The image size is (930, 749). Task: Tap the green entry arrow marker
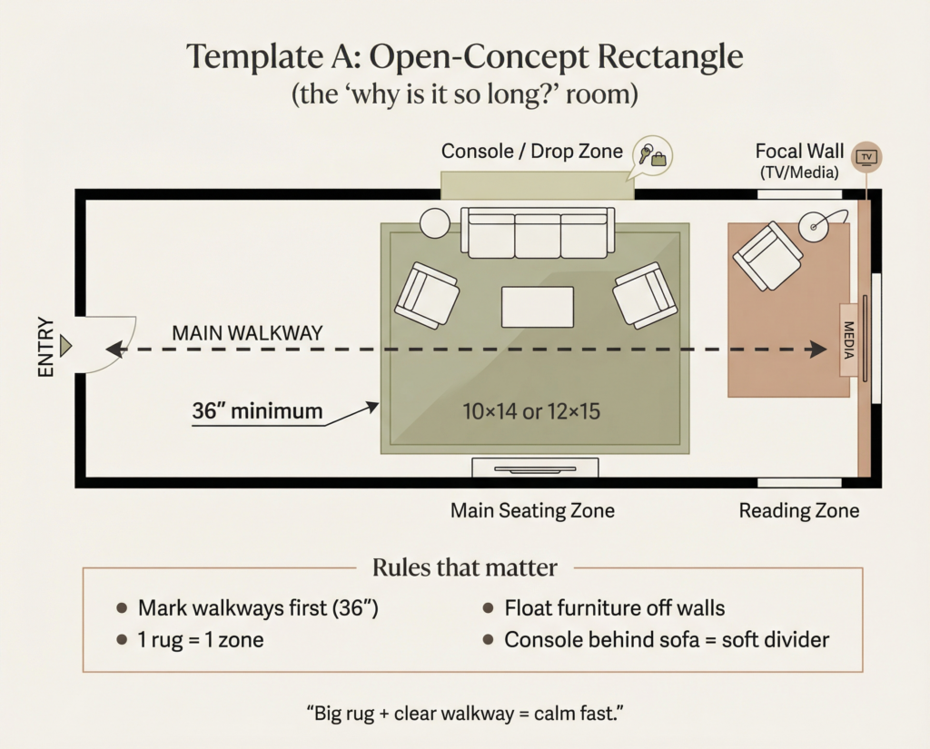pyautogui.click(x=65, y=346)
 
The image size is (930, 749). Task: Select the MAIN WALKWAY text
pyautogui.click(x=247, y=333)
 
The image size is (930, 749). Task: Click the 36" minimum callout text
pyautogui.click(x=257, y=411)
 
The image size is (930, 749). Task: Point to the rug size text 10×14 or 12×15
pyautogui.click(x=531, y=411)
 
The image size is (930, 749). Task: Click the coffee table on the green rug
pyautogui.click(x=538, y=307)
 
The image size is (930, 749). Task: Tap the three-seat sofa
pyautogui.click(x=538, y=233)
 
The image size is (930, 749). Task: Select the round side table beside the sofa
pyautogui.click(x=435, y=222)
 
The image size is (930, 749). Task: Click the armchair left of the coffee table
pyautogui.click(x=427, y=295)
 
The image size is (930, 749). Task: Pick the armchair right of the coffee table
pyautogui.click(x=645, y=294)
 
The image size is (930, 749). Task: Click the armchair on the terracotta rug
pyautogui.click(x=768, y=256)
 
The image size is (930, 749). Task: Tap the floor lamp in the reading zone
pyautogui.click(x=813, y=223)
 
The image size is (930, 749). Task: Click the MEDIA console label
pyautogui.click(x=849, y=339)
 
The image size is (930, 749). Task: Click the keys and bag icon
pyautogui.click(x=652, y=155)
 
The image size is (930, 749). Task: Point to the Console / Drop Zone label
pyautogui.click(x=532, y=151)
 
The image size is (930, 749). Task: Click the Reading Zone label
pyautogui.click(x=798, y=511)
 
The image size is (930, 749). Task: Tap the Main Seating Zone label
pyautogui.click(x=532, y=511)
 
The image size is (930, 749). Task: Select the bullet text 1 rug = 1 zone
pyautogui.click(x=201, y=640)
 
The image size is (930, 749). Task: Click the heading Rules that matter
pyautogui.click(x=464, y=568)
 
